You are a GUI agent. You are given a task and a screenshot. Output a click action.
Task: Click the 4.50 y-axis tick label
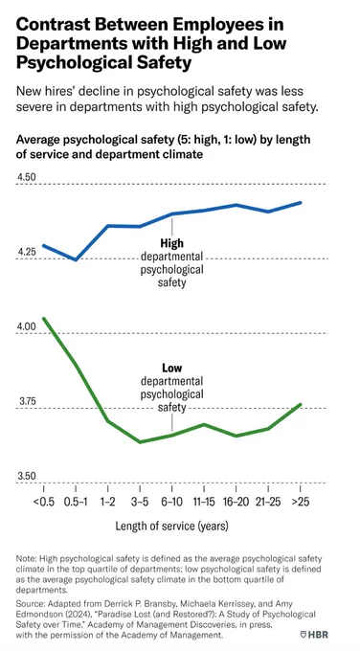[26, 177]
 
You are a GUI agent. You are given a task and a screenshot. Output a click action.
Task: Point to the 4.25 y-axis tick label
[26, 252]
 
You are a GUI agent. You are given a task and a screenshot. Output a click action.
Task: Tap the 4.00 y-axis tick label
[26, 326]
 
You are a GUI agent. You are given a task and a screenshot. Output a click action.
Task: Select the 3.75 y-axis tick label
[26, 401]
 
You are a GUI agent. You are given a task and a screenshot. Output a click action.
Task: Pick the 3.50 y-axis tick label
[26, 476]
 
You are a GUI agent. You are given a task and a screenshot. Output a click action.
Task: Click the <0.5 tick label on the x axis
[44, 502]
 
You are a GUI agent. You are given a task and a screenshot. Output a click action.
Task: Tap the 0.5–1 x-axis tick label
[76, 502]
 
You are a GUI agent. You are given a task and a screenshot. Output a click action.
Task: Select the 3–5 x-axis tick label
[140, 502]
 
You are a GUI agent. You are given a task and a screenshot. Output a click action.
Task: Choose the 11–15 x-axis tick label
[204, 502]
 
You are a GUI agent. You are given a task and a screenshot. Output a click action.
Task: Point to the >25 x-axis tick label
[301, 502]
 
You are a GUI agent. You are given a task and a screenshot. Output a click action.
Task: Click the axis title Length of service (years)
[172, 527]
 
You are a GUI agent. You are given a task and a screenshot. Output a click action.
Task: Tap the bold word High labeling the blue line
[172, 243]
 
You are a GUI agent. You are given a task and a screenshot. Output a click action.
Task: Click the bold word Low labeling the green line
[172, 368]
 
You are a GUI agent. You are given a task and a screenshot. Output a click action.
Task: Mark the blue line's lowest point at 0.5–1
[76, 259]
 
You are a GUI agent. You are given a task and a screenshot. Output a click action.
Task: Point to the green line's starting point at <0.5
[44, 319]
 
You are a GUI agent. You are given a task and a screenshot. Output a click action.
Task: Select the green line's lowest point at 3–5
[140, 441]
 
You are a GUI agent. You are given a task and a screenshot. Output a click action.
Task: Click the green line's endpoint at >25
[301, 404]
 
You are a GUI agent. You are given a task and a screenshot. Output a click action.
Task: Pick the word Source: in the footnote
[29, 602]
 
